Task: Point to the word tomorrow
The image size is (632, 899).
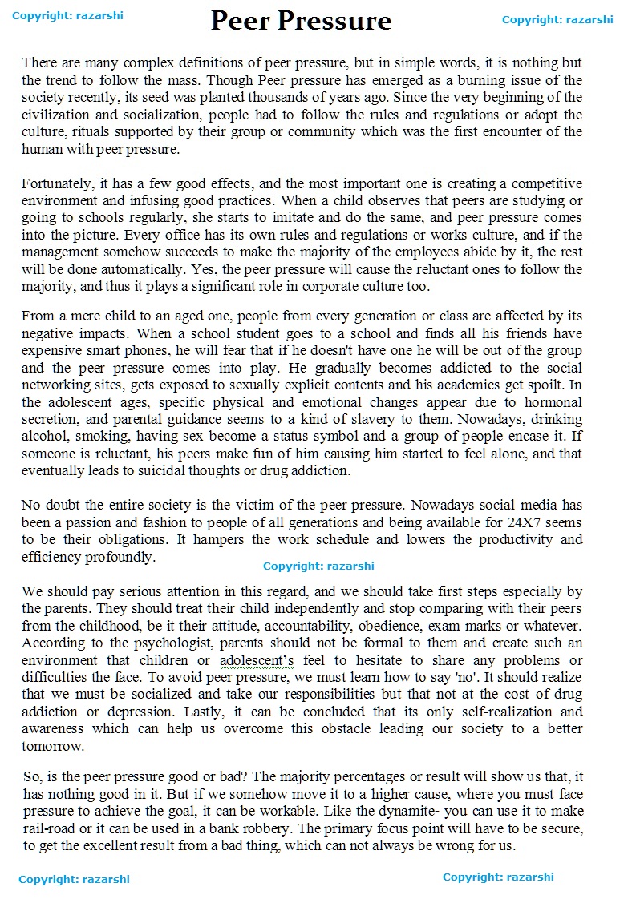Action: [52, 746]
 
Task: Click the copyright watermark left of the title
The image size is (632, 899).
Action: [68, 15]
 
